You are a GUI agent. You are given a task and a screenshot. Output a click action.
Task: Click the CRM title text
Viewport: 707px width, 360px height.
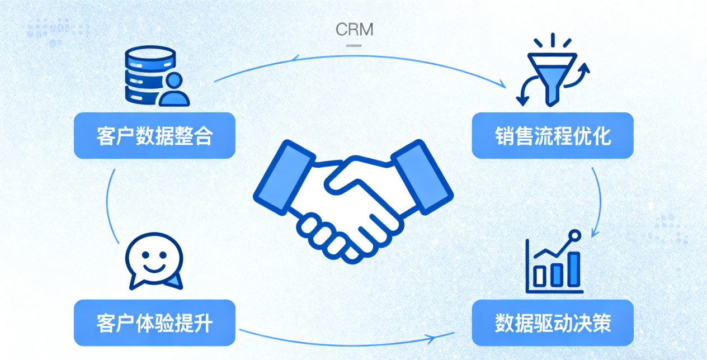[x=354, y=29]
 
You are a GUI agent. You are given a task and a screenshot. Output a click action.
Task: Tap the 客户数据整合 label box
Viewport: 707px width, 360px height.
[x=154, y=135]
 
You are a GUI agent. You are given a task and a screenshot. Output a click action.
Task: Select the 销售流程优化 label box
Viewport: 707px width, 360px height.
[x=553, y=135]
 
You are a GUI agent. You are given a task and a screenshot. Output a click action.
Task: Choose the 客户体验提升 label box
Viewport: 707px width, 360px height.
[x=154, y=323]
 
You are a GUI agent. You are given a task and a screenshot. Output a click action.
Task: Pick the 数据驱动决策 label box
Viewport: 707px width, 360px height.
[x=553, y=323]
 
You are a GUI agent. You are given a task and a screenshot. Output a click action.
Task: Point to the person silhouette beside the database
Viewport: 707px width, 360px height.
[x=174, y=89]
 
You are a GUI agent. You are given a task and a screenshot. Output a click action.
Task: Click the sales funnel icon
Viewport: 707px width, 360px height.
[x=552, y=70]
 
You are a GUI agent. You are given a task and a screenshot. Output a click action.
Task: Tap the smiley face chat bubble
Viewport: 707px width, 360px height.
[x=154, y=260]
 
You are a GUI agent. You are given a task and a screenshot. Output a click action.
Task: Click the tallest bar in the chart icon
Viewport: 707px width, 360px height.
[x=574, y=268]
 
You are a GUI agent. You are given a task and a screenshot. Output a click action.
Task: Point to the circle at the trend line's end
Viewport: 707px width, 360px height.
[x=573, y=235]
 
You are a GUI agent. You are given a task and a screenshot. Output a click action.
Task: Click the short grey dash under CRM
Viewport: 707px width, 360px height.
[x=353, y=45]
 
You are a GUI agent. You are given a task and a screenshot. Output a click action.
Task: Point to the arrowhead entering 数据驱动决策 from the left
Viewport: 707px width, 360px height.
[x=432, y=338]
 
